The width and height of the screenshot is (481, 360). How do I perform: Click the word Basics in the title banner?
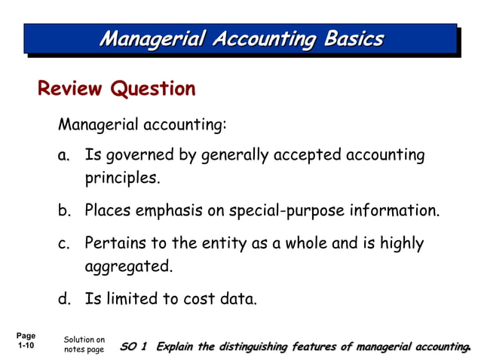tap(354, 38)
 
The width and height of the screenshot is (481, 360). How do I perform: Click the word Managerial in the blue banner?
tap(146, 38)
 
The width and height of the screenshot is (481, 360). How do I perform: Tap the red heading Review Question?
tap(116, 89)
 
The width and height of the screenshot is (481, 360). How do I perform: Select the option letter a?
tap(65, 156)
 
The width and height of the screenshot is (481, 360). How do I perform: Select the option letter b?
tap(65, 211)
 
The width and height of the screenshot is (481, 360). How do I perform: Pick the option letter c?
tap(65, 244)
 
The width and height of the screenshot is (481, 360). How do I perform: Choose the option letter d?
tap(65, 300)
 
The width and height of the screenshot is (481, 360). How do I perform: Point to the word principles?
tap(122, 179)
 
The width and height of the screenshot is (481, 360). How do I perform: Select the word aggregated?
tap(128, 267)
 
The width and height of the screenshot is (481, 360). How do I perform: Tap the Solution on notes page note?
tap(84, 346)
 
